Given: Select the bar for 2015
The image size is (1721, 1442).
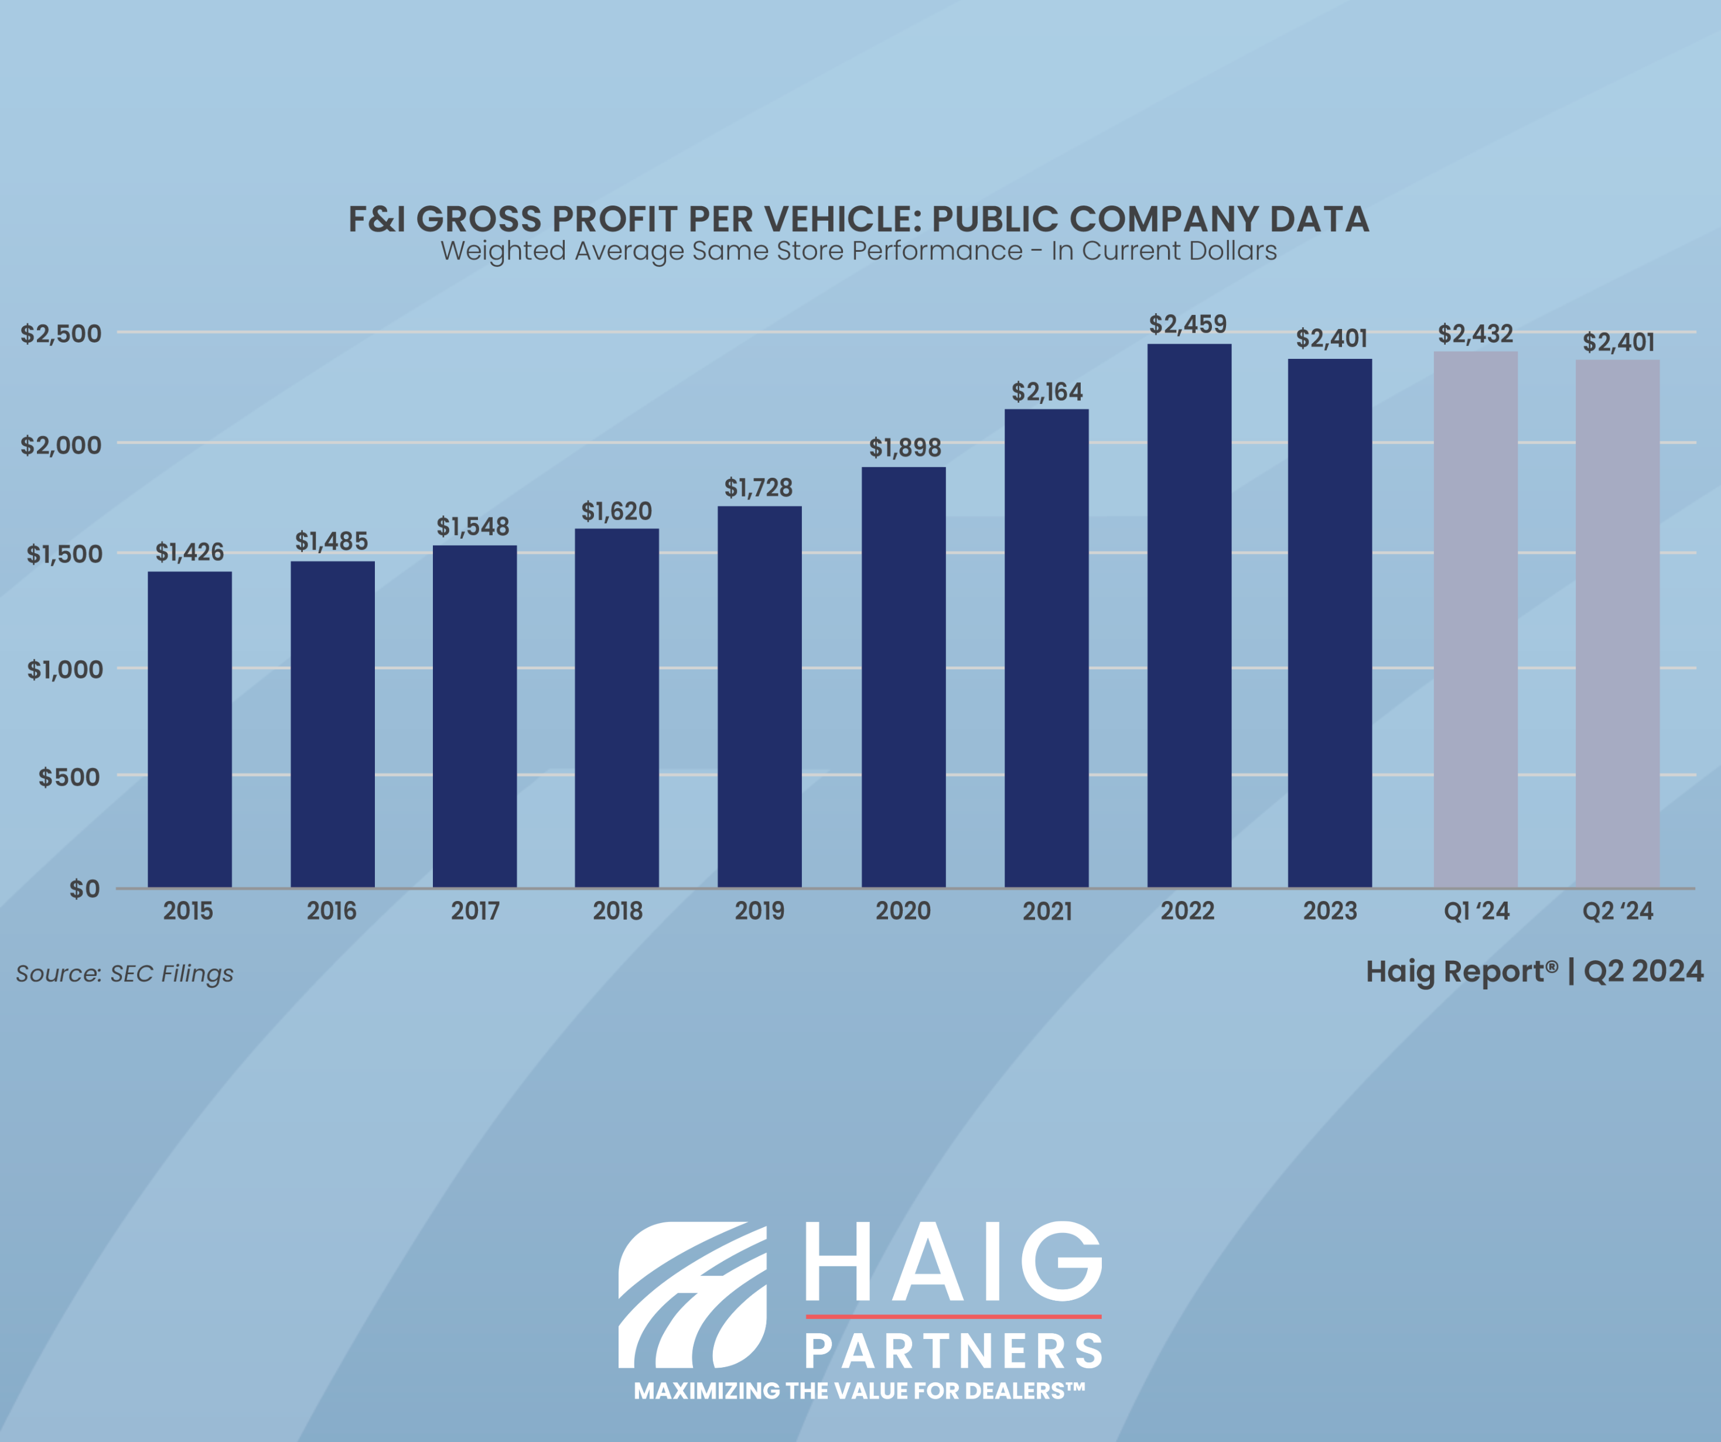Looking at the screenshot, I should pyautogui.click(x=189, y=729).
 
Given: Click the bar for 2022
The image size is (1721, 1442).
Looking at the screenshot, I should pyautogui.click(x=1189, y=615).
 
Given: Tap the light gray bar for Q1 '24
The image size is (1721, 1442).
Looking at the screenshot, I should pyautogui.click(x=1475, y=619).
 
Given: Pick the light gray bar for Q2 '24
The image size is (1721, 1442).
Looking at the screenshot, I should pyautogui.click(x=1617, y=623).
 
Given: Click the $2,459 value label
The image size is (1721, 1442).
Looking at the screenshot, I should pyautogui.click(x=1187, y=324).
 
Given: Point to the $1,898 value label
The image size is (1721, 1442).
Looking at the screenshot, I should pyautogui.click(x=905, y=448).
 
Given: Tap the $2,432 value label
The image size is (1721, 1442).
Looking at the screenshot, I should pyautogui.click(x=1475, y=334).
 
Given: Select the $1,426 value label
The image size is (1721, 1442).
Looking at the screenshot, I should pyautogui.click(x=189, y=552).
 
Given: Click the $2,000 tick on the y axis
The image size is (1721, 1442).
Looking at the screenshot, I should pyautogui.click(x=61, y=446).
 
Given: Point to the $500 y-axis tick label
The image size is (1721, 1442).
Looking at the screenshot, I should pyautogui.click(x=69, y=777).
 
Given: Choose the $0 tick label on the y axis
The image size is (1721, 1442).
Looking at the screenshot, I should pyautogui.click(x=84, y=889).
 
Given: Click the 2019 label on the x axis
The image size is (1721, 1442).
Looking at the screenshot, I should pyautogui.click(x=759, y=911).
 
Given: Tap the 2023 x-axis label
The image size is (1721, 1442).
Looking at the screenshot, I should pyautogui.click(x=1329, y=911).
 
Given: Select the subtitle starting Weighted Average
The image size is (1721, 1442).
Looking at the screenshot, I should pyautogui.click(x=858, y=251).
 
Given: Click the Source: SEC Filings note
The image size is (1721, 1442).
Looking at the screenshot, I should pyautogui.click(x=125, y=974).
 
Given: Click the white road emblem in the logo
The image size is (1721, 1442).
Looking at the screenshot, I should pyautogui.click(x=692, y=1294).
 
